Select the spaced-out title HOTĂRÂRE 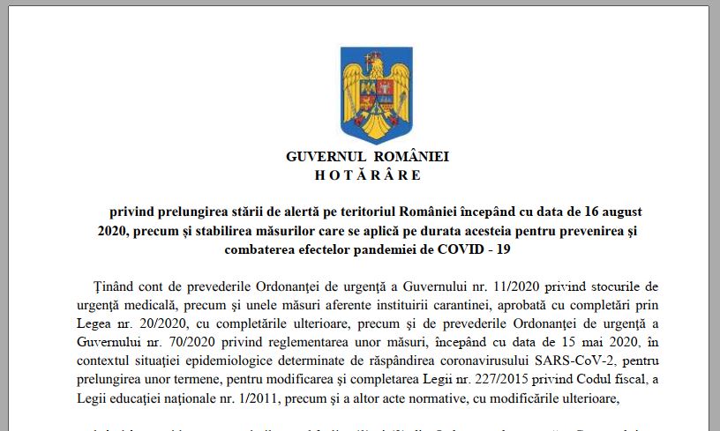click(368, 175)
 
